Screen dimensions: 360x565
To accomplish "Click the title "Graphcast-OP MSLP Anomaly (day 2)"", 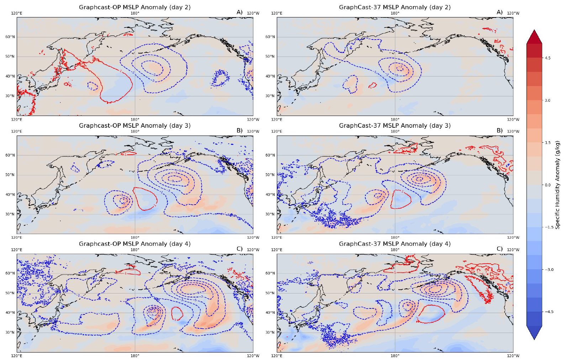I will click(135, 7).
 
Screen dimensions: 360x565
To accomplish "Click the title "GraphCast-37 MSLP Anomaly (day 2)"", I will click(395, 7).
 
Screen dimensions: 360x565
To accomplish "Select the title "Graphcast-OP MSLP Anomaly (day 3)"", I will click(135, 126).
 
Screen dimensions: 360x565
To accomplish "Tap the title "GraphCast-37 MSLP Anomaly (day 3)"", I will click(395, 126).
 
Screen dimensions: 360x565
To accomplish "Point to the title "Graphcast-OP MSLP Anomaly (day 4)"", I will click(135, 244).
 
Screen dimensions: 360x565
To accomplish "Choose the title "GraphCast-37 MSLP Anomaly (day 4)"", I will click(395, 244).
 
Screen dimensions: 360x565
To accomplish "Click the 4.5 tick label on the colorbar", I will click(547, 58).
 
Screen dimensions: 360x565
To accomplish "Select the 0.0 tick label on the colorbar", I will click(547, 185).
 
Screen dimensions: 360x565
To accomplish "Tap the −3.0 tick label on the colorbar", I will click(549, 270).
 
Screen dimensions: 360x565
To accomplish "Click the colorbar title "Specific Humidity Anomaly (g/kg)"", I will click(557, 185).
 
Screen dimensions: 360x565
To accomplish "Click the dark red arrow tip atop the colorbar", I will click(534, 37).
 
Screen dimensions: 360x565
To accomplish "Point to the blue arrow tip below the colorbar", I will click(534, 333).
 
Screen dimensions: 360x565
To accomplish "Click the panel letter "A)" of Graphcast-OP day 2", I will click(239, 12).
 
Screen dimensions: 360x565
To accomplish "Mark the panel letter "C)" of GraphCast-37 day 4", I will click(500, 249).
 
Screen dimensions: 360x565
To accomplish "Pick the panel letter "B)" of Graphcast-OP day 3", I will click(239, 131).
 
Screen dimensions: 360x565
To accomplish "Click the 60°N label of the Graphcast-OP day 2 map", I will click(10, 37).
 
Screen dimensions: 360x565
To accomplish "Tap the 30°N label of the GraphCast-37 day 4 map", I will click(270, 333).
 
